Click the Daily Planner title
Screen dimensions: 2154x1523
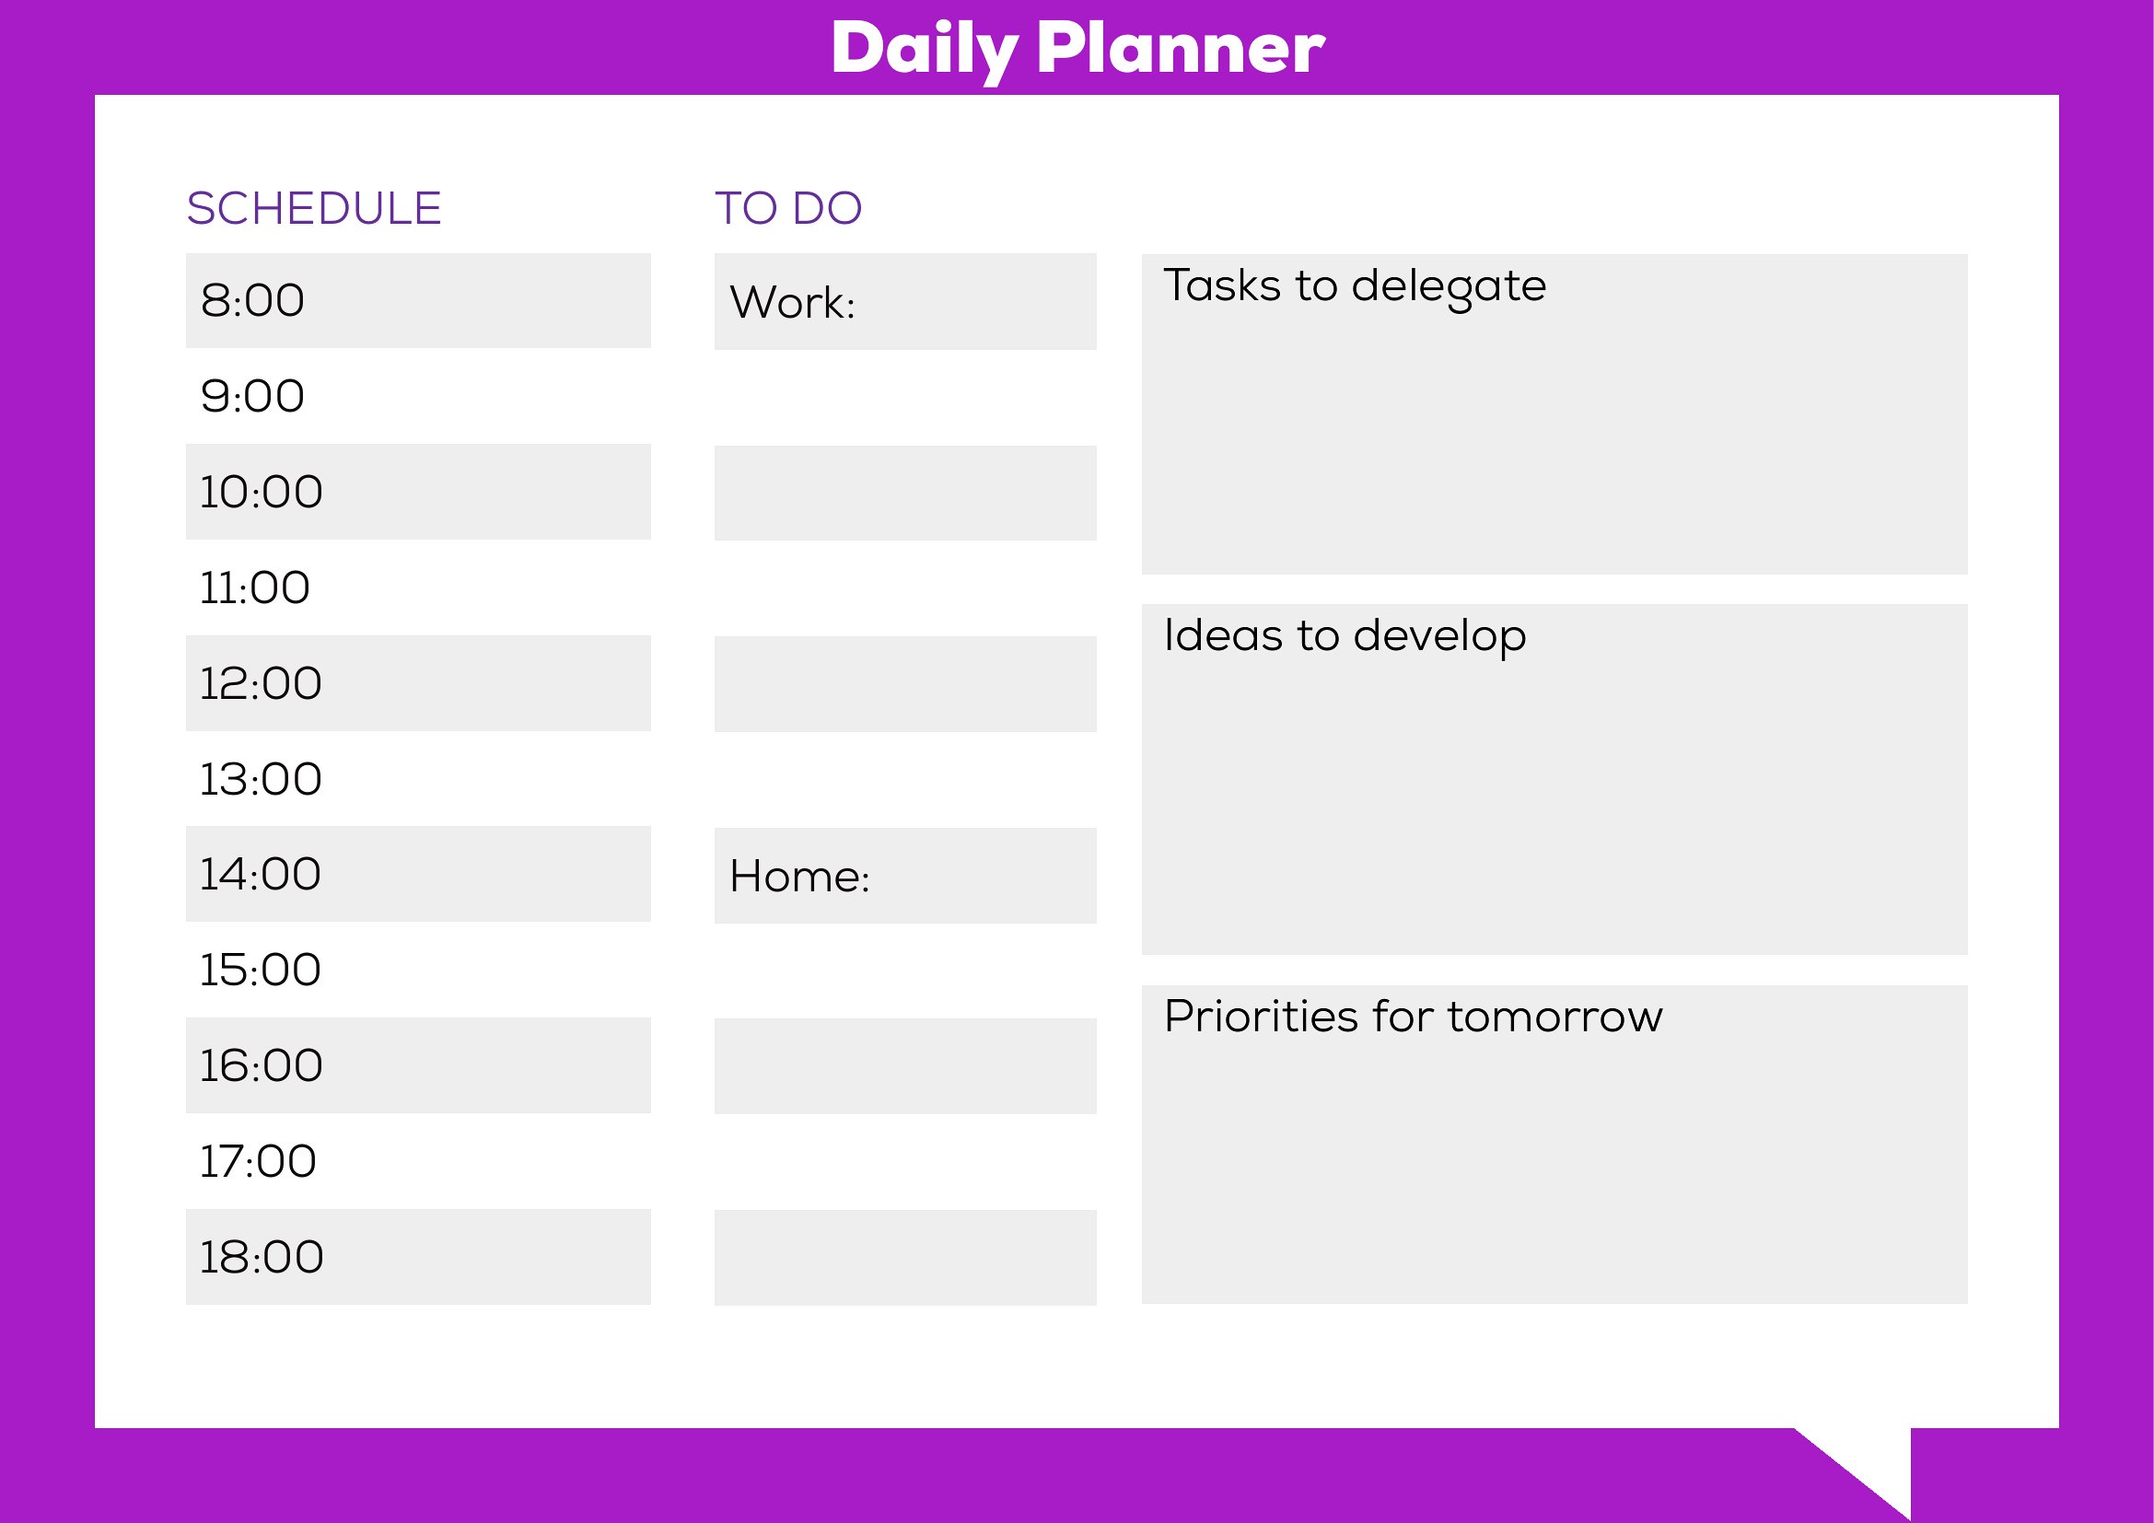click(1078, 50)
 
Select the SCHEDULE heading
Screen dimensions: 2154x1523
click(313, 208)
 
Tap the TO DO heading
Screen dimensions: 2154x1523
click(788, 208)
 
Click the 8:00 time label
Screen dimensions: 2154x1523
click(252, 300)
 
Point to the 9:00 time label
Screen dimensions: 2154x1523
click(252, 396)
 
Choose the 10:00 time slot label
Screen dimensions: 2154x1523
click(261, 492)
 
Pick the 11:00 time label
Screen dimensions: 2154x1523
click(254, 588)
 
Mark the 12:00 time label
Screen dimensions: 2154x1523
click(261, 682)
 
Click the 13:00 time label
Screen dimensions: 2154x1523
click(261, 779)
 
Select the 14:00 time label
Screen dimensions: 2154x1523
click(261, 874)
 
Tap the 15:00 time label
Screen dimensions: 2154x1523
click(261, 970)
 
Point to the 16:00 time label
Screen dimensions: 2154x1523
click(261, 1065)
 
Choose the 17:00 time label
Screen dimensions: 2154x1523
click(258, 1161)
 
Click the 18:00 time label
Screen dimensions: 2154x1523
click(262, 1257)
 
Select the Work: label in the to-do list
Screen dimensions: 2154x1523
click(793, 302)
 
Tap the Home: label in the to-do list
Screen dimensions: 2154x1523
click(800, 876)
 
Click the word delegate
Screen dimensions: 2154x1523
click(1450, 288)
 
